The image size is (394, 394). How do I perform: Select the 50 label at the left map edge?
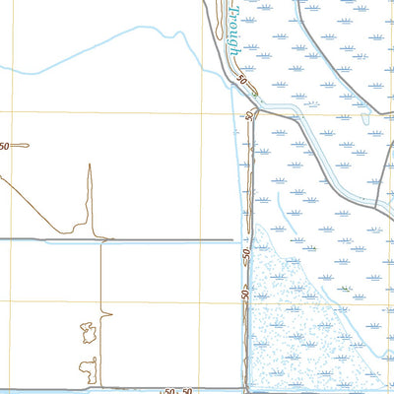[x=5, y=146]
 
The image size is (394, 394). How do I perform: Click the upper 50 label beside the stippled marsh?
[x=246, y=257]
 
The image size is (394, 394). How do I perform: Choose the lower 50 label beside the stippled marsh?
[x=245, y=293]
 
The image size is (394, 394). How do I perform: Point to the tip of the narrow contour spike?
[x=89, y=165]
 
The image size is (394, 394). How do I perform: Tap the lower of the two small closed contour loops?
[x=89, y=368]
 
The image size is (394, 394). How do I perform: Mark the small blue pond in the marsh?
[x=366, y=118]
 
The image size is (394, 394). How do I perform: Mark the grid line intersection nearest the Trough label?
[x=202, y=112]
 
